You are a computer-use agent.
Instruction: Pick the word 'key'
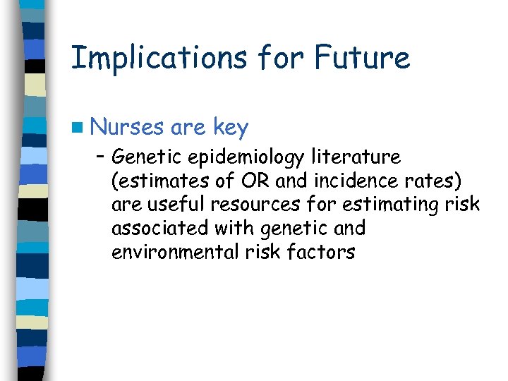230,128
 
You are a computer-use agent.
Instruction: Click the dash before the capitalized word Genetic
102,157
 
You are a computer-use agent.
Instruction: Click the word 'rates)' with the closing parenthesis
435,181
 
